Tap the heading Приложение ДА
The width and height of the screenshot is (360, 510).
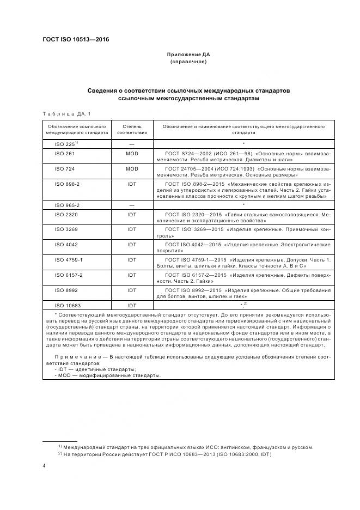[188, 55]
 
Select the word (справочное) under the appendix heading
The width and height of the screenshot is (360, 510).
[188, 62]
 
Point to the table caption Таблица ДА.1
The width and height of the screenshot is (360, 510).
[66, 113]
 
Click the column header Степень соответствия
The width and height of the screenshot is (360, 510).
[132, 129]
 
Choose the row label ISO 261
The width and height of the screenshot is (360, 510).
[64, 154]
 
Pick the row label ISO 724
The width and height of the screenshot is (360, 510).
[64, 169]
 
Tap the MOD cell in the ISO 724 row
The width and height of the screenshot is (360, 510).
[132, 169]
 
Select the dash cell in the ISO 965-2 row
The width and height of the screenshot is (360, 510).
[132, 205]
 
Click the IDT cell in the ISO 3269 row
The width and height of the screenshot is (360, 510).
[132, 229]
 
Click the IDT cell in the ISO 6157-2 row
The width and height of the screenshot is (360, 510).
[132, 275]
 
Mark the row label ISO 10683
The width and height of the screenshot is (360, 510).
[68, 306]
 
